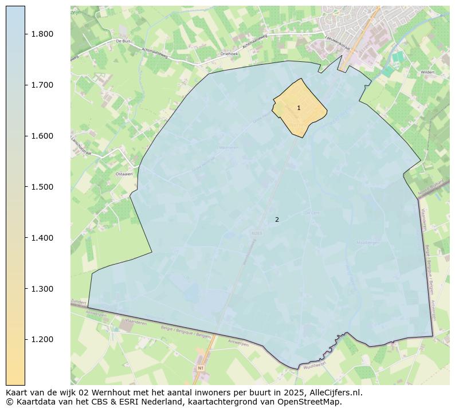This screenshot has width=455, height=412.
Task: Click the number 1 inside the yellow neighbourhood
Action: coord(299,108)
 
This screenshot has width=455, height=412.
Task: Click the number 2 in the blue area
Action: coord(277,219)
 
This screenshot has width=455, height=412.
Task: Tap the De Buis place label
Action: coord(123,41)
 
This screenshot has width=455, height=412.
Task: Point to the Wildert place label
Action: coord(427,73)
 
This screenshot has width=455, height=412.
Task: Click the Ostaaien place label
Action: coord(124,174)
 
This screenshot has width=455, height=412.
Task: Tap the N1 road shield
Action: coord(201,367)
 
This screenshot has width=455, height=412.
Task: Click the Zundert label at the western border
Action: coord(79,302)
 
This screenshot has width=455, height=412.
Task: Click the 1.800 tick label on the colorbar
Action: coord(42,34)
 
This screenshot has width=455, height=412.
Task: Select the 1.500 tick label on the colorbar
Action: coord(42,187)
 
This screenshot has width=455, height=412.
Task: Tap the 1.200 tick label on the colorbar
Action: coord(42,339)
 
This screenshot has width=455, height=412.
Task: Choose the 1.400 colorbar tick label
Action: coord(42,238)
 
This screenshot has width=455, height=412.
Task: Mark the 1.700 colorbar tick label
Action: coord(42,85)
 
